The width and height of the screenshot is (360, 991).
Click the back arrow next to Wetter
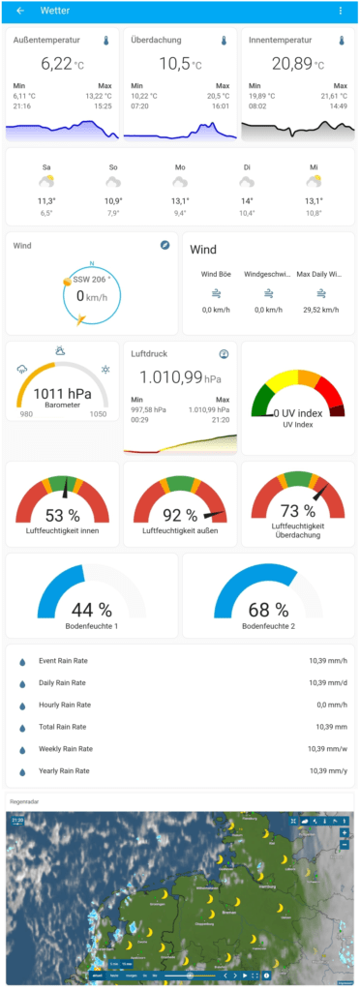[x=20, y=11]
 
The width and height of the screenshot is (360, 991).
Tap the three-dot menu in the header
[x=340, y=11]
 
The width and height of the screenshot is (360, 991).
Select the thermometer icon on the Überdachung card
[x=224, y=42]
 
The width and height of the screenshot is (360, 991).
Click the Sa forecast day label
[x=46, y=167]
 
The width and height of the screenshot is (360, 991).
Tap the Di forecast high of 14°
[x=247, y=201]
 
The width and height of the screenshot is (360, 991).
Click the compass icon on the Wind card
[x=165, y=246]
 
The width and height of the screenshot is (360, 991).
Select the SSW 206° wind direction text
[x=93, y=279]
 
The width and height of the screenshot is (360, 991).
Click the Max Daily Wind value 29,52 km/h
[x=317, y=310]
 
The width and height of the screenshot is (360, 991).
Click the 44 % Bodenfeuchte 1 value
[x=92, y=610]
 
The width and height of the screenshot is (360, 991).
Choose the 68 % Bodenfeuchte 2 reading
[x=268, y=610]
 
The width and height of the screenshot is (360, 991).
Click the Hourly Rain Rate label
[x=64, y=706]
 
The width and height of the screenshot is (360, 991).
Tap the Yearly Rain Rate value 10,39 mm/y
[x=320, y=771]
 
